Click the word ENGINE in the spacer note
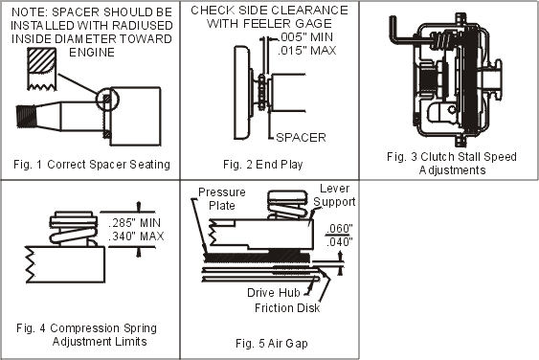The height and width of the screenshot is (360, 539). coord(92,53)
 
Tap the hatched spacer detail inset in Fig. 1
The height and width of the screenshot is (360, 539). coord(41,69)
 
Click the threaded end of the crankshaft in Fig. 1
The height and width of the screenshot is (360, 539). coord(26,116)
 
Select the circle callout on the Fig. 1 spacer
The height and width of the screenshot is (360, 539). coord(107,100)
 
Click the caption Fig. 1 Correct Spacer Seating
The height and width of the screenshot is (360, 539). coord(92,165)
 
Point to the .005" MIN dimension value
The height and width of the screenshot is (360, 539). coord(305,36)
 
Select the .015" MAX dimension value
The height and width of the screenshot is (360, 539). coord(307,51)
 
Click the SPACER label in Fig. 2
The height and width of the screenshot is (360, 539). coord(301,138)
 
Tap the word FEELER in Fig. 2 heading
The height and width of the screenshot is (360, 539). coord(268,23)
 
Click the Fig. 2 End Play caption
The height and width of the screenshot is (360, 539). coord(263,165)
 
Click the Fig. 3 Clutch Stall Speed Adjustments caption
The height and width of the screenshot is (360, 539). coord(452,164)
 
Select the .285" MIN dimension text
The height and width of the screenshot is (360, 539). coord(135,223)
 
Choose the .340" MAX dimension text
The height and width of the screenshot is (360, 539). coord(136,236)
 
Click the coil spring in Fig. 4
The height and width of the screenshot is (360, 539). coord(73,233)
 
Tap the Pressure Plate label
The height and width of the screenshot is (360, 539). coord(222,199)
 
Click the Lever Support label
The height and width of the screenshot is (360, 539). coord(334,195)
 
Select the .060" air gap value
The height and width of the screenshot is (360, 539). coord(339,228)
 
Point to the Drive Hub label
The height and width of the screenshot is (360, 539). coord(274,293)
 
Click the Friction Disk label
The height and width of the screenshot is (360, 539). coord(287,307)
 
